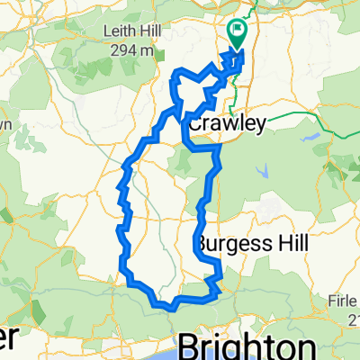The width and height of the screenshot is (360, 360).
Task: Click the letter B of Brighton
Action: [x=191, y=346]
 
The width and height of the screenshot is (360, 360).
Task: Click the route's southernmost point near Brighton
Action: [x=166, y=307]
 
